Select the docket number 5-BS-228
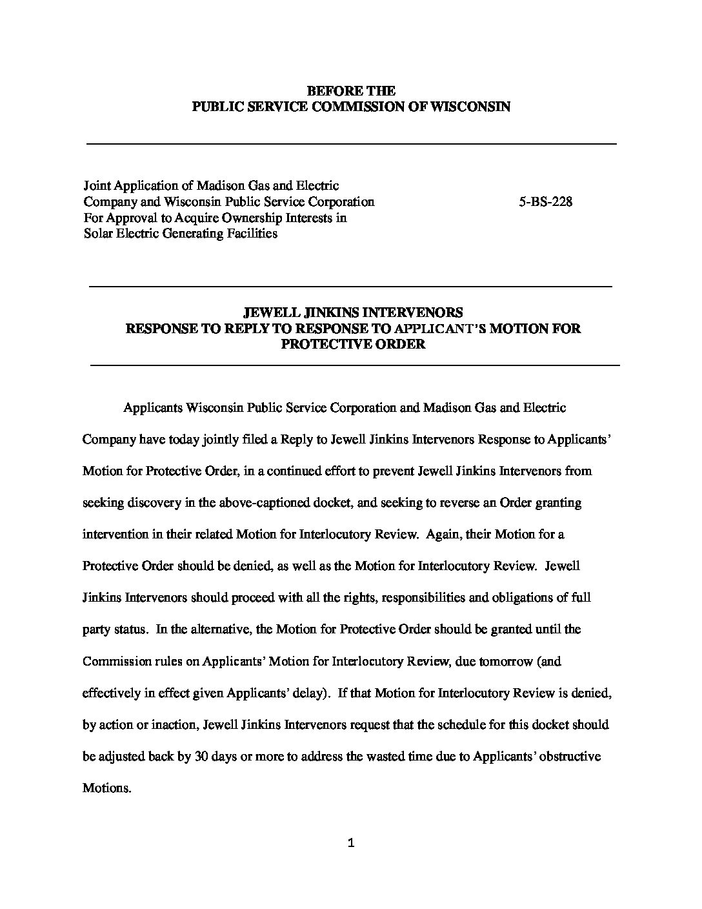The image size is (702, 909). tap(545, 201)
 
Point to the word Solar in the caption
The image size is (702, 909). tap(98, 234)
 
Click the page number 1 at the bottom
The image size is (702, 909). tap(351, 843)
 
